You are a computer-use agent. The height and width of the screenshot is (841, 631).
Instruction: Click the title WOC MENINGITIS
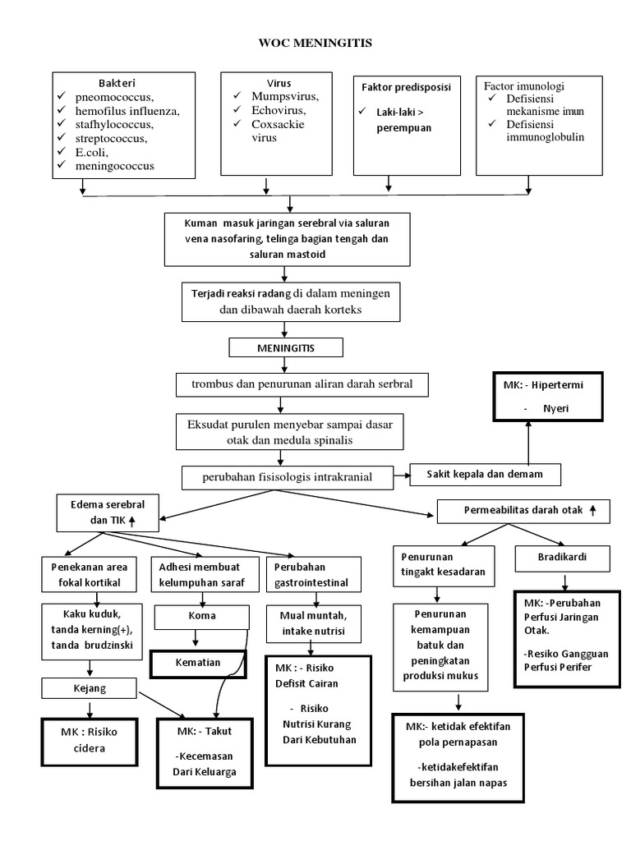[x=315, y=43]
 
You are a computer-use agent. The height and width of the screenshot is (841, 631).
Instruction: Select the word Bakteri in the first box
[x=117, y=83]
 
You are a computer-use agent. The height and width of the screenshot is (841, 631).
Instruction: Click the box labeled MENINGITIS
[x=284, y=349]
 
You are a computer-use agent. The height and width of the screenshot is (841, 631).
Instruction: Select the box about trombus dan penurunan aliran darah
[x=302, y=384]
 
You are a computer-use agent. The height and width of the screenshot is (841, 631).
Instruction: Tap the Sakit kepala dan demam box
[x=486, y=474]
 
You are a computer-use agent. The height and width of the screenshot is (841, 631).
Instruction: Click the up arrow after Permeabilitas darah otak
[x=593, y=510]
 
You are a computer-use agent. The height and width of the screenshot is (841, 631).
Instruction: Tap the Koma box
[x=201, y=617]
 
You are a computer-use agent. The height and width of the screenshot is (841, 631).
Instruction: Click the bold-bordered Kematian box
[x=198, y=662]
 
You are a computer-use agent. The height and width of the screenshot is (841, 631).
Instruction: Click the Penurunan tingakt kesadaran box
[x=442, y=566]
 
